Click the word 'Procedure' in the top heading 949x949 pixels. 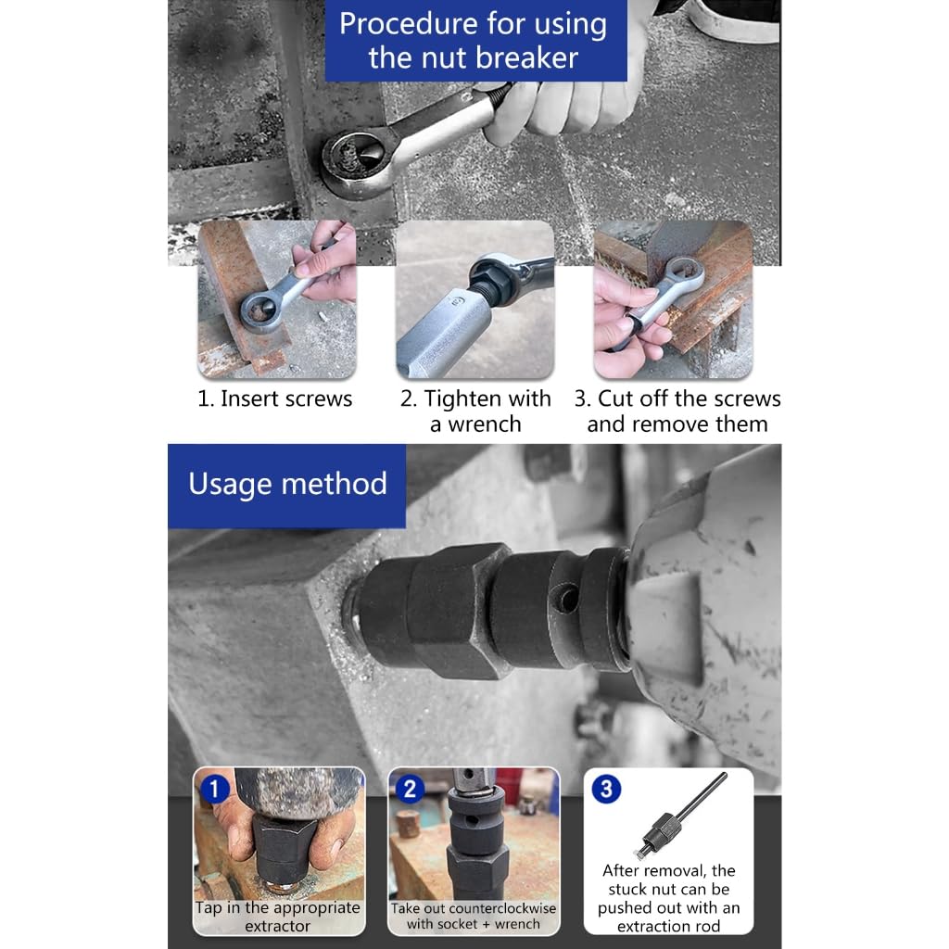(408, 25)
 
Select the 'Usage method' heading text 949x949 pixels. (287, 484)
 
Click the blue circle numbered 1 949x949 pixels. (214, 790)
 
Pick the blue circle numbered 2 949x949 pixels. (410, 790)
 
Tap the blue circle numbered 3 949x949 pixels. (606, 789)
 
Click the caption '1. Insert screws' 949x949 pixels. (274, 399)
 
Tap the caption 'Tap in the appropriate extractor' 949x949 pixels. (278, 917)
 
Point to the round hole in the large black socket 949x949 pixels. (567, 600)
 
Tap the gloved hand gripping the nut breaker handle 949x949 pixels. (566, 106)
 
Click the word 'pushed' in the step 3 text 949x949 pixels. (626, 908)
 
